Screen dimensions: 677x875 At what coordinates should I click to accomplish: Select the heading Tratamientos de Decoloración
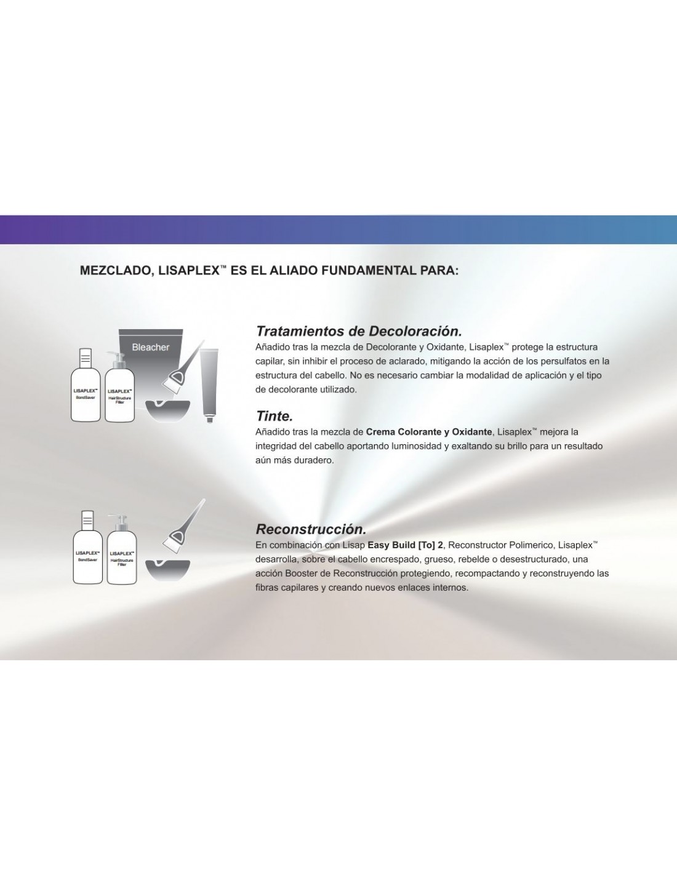click(359, 332)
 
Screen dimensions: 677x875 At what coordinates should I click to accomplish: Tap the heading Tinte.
click(274, 416)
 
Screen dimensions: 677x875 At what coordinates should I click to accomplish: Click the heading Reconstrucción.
click(311, 529)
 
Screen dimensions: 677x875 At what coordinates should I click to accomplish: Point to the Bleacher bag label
click(151, 347)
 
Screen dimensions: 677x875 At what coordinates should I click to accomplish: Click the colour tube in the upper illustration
click(209, 385)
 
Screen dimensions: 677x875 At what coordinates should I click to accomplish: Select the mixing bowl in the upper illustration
click(167, 410)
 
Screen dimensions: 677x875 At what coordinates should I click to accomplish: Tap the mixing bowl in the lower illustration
click(167, 570)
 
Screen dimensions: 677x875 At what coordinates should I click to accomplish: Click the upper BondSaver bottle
click(86, 385)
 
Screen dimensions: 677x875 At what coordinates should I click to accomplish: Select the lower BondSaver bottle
click(88, 547)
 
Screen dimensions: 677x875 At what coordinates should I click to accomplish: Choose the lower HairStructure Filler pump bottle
click(122, 549)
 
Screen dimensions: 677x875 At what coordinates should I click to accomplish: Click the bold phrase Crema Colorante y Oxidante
click(429, 432)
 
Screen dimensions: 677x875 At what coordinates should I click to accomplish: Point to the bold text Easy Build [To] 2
click(405, 545)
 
